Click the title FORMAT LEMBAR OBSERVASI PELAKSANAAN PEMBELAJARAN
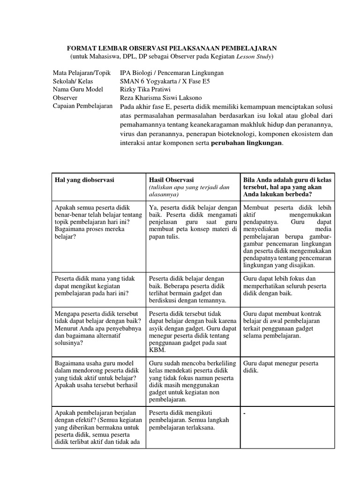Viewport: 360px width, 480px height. pos(172,48)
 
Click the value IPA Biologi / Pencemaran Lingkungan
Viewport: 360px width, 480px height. pos(172,73)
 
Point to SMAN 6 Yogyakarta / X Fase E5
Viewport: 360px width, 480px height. pos(165,81)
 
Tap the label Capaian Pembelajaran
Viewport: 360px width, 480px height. pos(82,106)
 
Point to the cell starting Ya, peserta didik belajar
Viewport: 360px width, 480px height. pos(193,221)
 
